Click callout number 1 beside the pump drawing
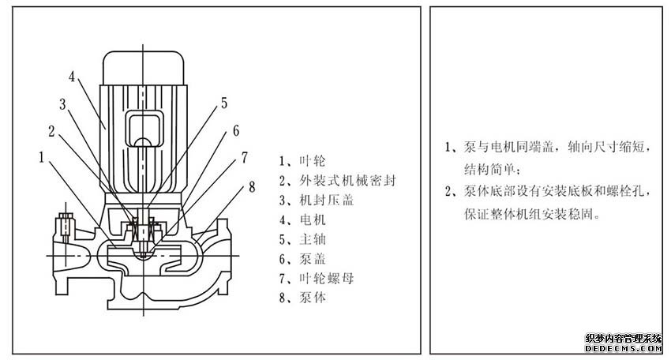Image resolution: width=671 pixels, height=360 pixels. (41, 156)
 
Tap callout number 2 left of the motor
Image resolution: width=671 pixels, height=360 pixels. (52, 130)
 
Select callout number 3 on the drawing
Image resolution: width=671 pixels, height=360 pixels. (62, 103)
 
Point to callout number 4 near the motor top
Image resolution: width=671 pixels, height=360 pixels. (72, 77)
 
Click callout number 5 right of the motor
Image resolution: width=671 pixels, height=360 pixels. (223, 103)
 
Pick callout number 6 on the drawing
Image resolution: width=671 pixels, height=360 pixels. (234, 130)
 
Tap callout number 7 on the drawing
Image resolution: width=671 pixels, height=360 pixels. (245, 156)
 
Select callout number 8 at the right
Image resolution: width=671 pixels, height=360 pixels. (252, 186)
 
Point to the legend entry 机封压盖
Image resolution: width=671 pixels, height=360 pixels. (313, 200)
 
